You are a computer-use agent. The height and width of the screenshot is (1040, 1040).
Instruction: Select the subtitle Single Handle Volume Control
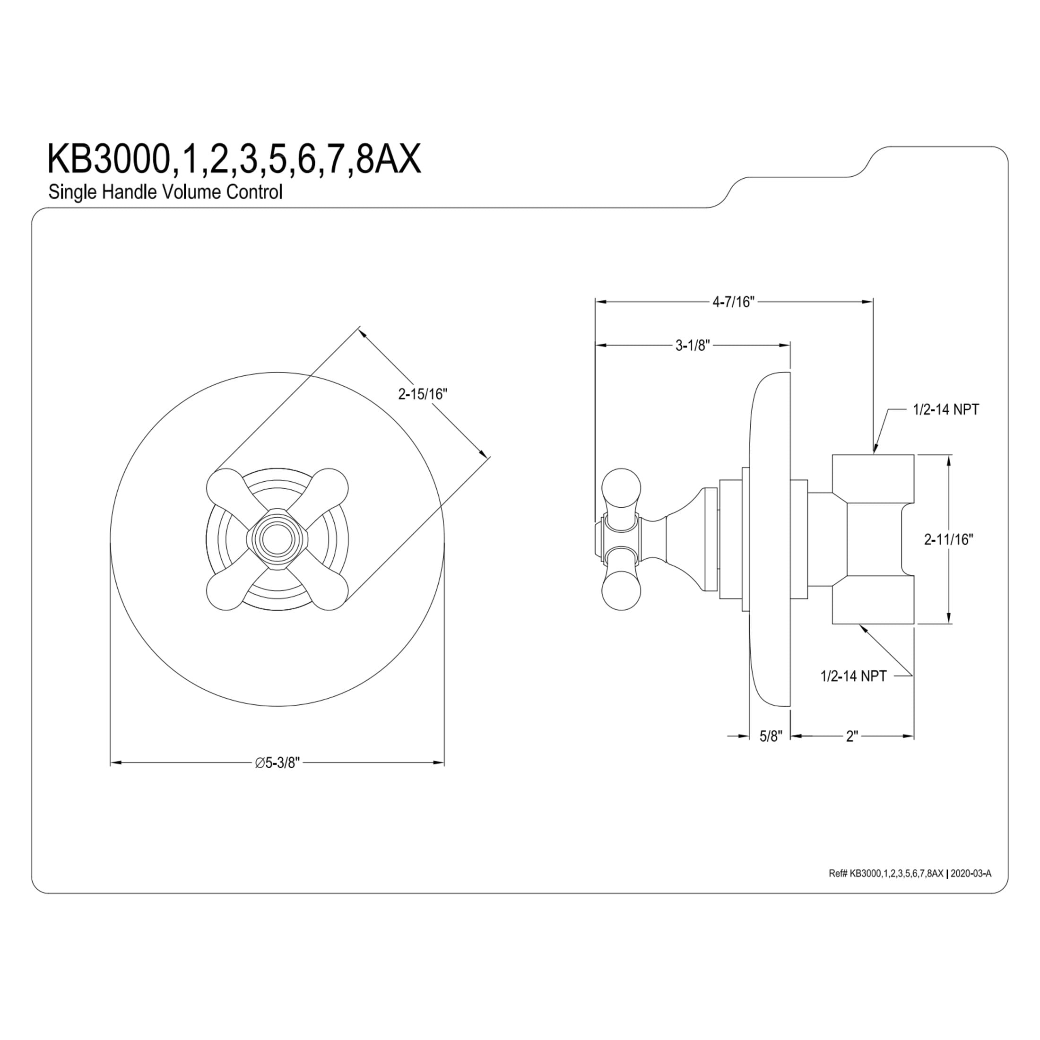pyautogui.click(x=165, y=192)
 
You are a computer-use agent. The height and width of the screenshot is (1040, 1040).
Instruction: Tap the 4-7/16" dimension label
pyautogui.click(x=734, y=302)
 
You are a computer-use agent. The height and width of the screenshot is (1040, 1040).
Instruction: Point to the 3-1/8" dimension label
pyautogui.click(x=693, y=345)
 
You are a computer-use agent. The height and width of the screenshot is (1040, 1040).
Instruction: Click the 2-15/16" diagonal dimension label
pyautogui.click(x=423, y=395)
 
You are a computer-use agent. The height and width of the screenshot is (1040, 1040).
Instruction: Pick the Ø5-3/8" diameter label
pyautogui.click(x=277, y=763)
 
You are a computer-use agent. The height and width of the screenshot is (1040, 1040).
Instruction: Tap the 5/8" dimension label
pyautogui.click(x=771, y=737)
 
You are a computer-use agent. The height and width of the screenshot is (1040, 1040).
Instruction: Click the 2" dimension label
pyautogui.click(x=851, y=737)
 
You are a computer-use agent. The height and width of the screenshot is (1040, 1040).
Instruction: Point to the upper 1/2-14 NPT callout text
pyautogui.click(x=946, y=410)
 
